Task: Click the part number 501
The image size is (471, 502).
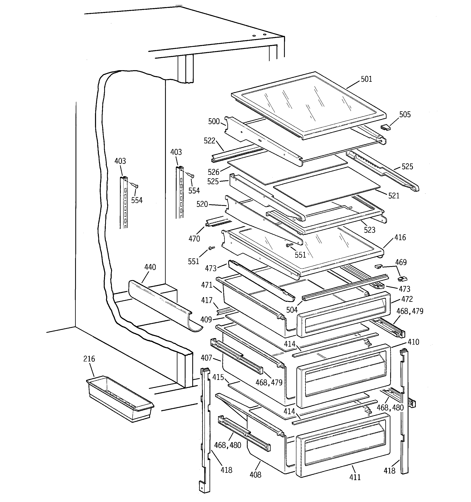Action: tap(366, 79)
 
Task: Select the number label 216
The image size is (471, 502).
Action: tap(89, 359)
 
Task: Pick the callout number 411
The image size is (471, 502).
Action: tap(355, 477)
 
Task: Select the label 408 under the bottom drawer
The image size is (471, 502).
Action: tap(255, 475)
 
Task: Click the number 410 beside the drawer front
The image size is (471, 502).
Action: tap(413, 342)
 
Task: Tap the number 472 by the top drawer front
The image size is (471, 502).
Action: tap(407, 299)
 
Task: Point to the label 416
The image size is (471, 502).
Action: tap(400, 238)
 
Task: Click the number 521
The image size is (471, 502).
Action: tap(394, 196)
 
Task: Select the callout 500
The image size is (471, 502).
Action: tap(214, 121)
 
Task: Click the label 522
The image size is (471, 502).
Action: tap(210, 141)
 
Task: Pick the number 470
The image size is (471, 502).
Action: tap(194, 239)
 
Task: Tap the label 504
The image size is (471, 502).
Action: tap(292, 310)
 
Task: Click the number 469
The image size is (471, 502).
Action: tap(401, 262)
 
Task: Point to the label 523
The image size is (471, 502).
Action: tap(370, 230)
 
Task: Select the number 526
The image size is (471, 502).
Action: tap(213, 172)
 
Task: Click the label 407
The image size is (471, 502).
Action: tap(206, 358)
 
